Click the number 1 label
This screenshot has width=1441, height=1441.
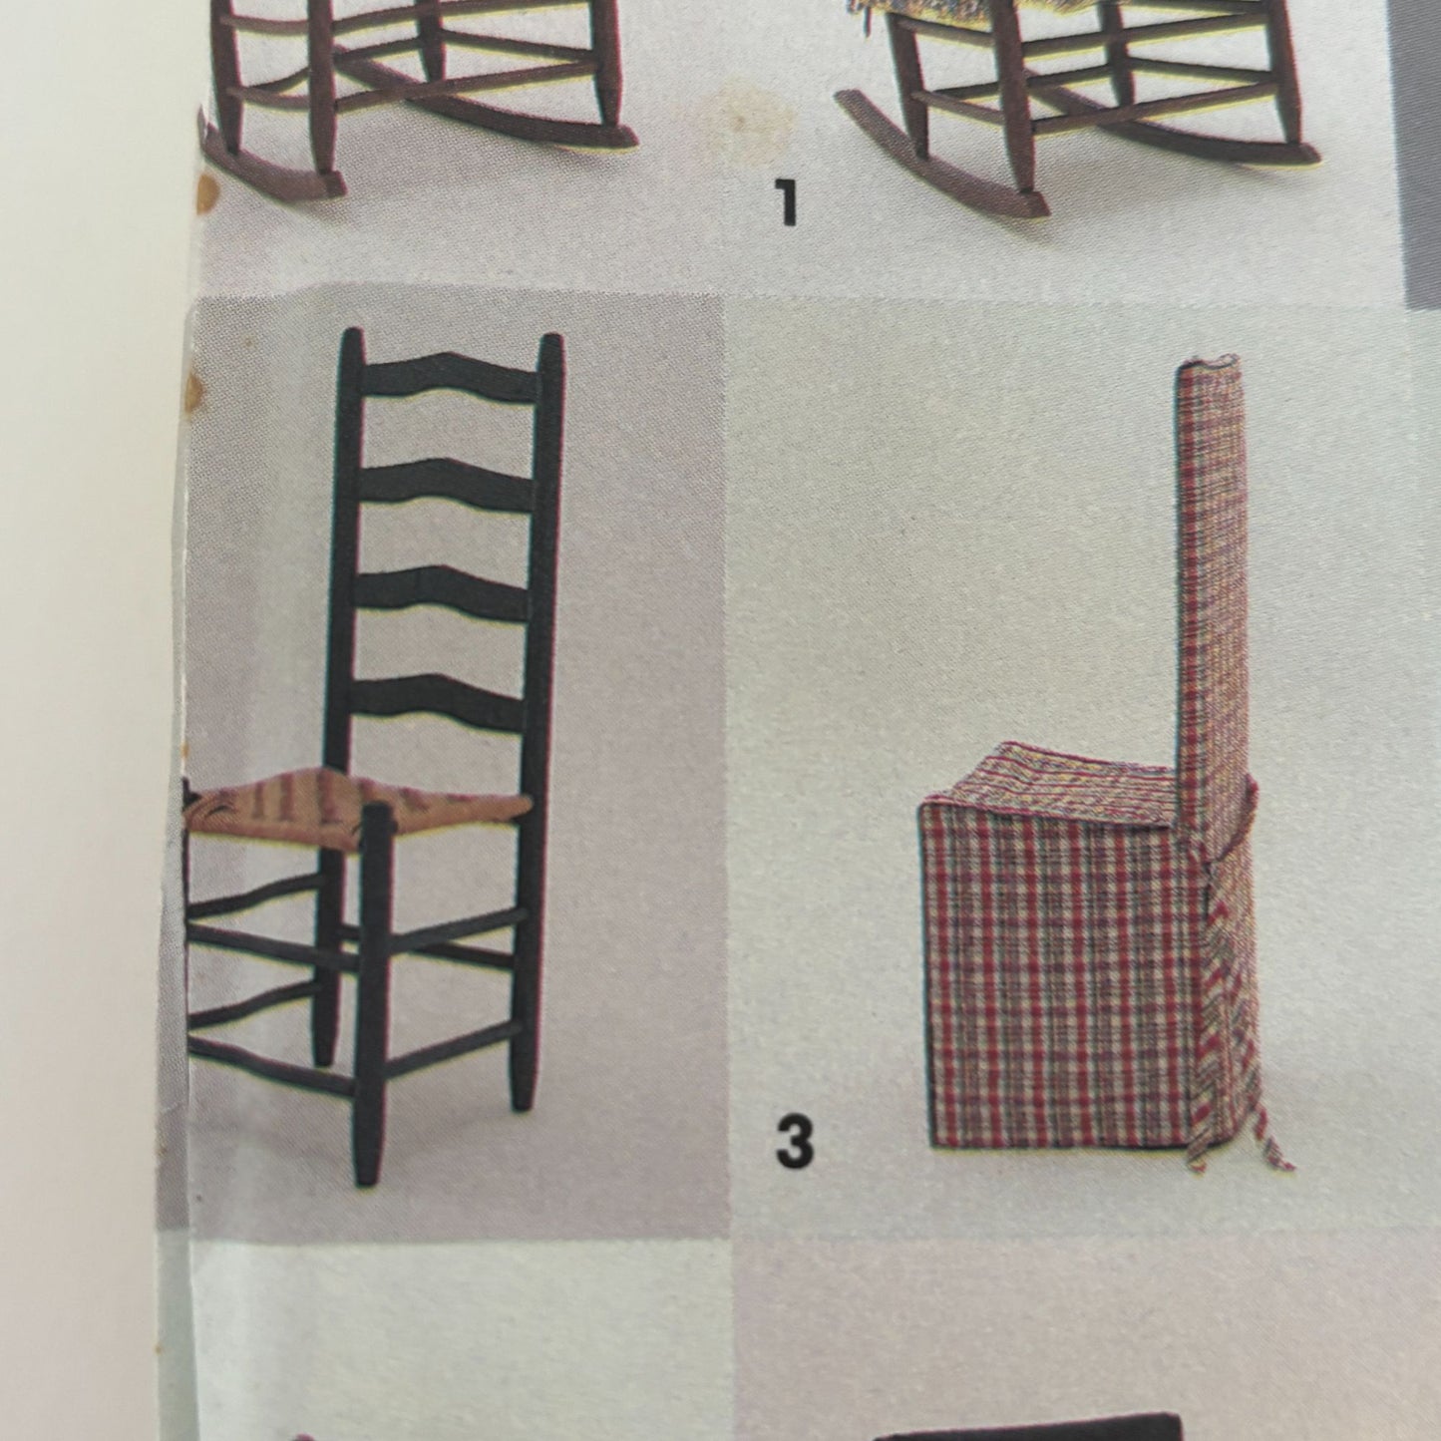pos(788,202)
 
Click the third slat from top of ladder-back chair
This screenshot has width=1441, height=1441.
pos(451,588)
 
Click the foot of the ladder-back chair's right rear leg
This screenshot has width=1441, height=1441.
pos(523,1097)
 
